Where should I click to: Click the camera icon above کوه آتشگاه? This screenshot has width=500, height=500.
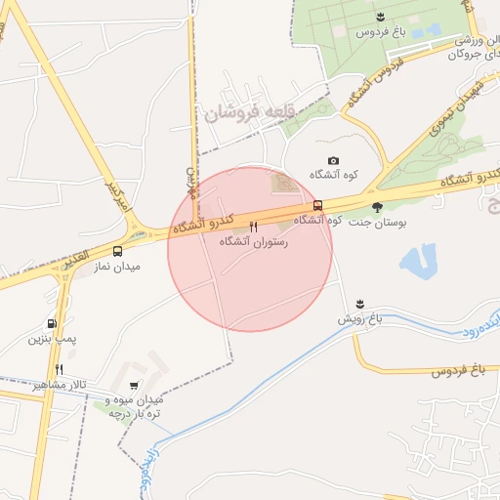click(x=333, y=160)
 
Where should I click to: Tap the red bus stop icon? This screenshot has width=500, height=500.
click(x=316, y=206)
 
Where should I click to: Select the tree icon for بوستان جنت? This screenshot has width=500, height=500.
click(x=378, y=207)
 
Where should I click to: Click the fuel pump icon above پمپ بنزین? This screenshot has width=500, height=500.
click(x=51, y=324)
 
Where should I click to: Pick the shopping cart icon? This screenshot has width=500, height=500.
click(x=134, y=386)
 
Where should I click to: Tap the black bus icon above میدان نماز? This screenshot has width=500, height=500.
click(x=118, y=251)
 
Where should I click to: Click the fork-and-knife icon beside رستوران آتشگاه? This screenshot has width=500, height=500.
click(x=254, y=227)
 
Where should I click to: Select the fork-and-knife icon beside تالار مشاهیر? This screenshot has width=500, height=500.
click(x=59, y=369)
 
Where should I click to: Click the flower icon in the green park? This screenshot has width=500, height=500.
click(x=379, y=17)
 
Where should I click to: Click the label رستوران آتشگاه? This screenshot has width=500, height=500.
click(x=254, y=240)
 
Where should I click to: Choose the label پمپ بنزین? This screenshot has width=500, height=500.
click(x=51, y=339)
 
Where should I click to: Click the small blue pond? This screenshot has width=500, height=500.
click(x=418, y=259)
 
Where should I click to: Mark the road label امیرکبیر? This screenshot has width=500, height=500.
click(x=118, y=202)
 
